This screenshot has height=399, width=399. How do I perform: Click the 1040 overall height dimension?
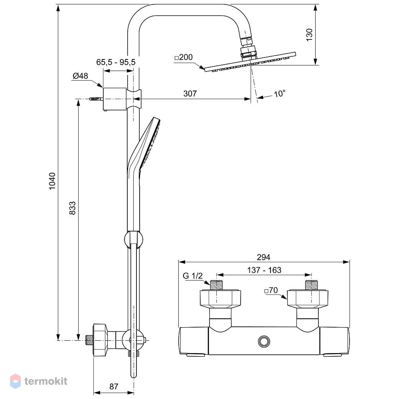click(52, 181)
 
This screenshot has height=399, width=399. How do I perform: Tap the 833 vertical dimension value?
click(73, 208)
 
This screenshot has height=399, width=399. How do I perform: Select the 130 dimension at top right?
click(309, 35)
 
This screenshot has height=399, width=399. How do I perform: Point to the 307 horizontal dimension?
click(190, 94)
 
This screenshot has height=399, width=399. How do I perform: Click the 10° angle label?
click(280, 94)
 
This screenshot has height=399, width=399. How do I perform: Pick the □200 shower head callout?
click(184, 57)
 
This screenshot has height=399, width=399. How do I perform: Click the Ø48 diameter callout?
click(80, 76)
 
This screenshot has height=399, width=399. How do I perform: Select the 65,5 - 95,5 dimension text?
click(116, 62)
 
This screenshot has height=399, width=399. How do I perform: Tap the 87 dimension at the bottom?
click(114, 387)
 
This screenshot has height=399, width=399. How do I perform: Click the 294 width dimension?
click(263, 257)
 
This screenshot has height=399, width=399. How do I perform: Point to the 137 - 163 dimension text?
click(264, 270)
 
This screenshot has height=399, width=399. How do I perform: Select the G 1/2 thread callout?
click(193, 276)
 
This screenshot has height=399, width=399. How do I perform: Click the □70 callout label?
click(271, 290)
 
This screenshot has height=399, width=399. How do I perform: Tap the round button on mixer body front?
click(264, 341)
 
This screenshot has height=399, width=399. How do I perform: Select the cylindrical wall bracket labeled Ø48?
click(115, 99)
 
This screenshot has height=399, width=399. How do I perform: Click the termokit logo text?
click(46, 381)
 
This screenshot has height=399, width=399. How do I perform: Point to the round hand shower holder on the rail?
click(133, 239)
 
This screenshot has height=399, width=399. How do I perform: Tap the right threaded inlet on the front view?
click(312, 285)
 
